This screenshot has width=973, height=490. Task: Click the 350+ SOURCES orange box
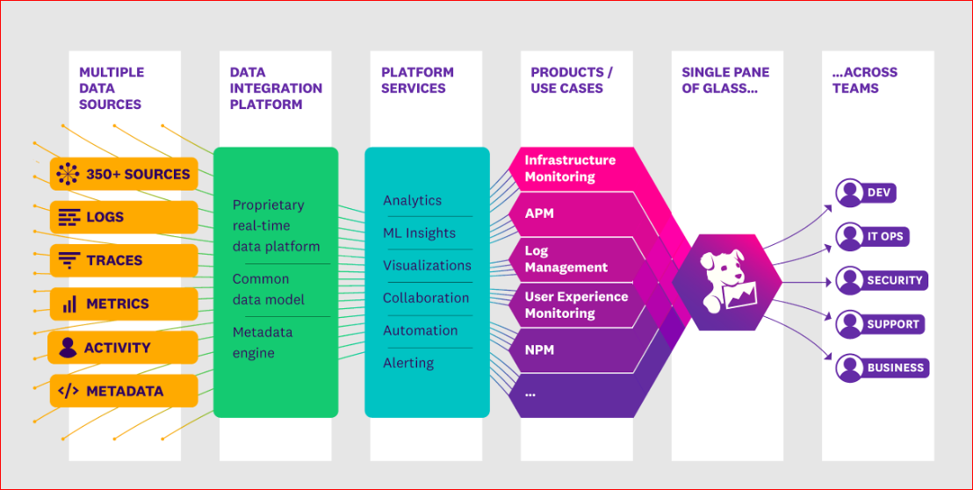pyautogui.click(x=124, y=174)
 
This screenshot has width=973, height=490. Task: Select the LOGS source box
pyautogui.click(x=124, y=217)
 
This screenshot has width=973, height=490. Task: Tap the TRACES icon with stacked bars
pyautogui.click(x=68, y=261)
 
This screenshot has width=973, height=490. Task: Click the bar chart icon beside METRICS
pyautogui.click(x=68, y=305)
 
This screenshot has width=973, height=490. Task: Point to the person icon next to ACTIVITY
pyautogui.click(x=68, y=348)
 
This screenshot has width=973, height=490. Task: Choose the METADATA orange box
pyautogui.click(x=124, y=391)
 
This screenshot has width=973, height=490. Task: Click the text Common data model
pyautogui.click(x=268, y=289)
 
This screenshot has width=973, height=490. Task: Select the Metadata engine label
pyautogui.click(x=262, y=342)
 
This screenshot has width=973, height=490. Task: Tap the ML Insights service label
pyautogui.click(x=419, y=233)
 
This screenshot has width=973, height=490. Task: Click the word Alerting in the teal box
pyautogui.click(x=408, y=363)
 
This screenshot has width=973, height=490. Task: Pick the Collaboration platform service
pyautogui.click(x=425, y=298)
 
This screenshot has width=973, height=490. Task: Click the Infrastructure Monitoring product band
pyautogui.click(x=570, y=168)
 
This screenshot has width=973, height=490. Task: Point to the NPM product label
pyautogui.click(x=539, y=349)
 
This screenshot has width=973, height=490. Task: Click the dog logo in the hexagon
pyautogui.click(x=726, y=283)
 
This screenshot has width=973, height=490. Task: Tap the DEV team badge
pyautogui.click(x=866, y=192)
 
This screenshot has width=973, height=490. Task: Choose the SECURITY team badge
pyautogui.click(x=882, y=280)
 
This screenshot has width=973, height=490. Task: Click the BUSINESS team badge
pyautogui.click(x=882, y=367)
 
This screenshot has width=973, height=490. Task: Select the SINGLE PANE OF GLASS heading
pyautogui.click(x=725, y=80)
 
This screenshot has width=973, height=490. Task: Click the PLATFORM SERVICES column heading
pyautogui.click(x=417, y=80)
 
